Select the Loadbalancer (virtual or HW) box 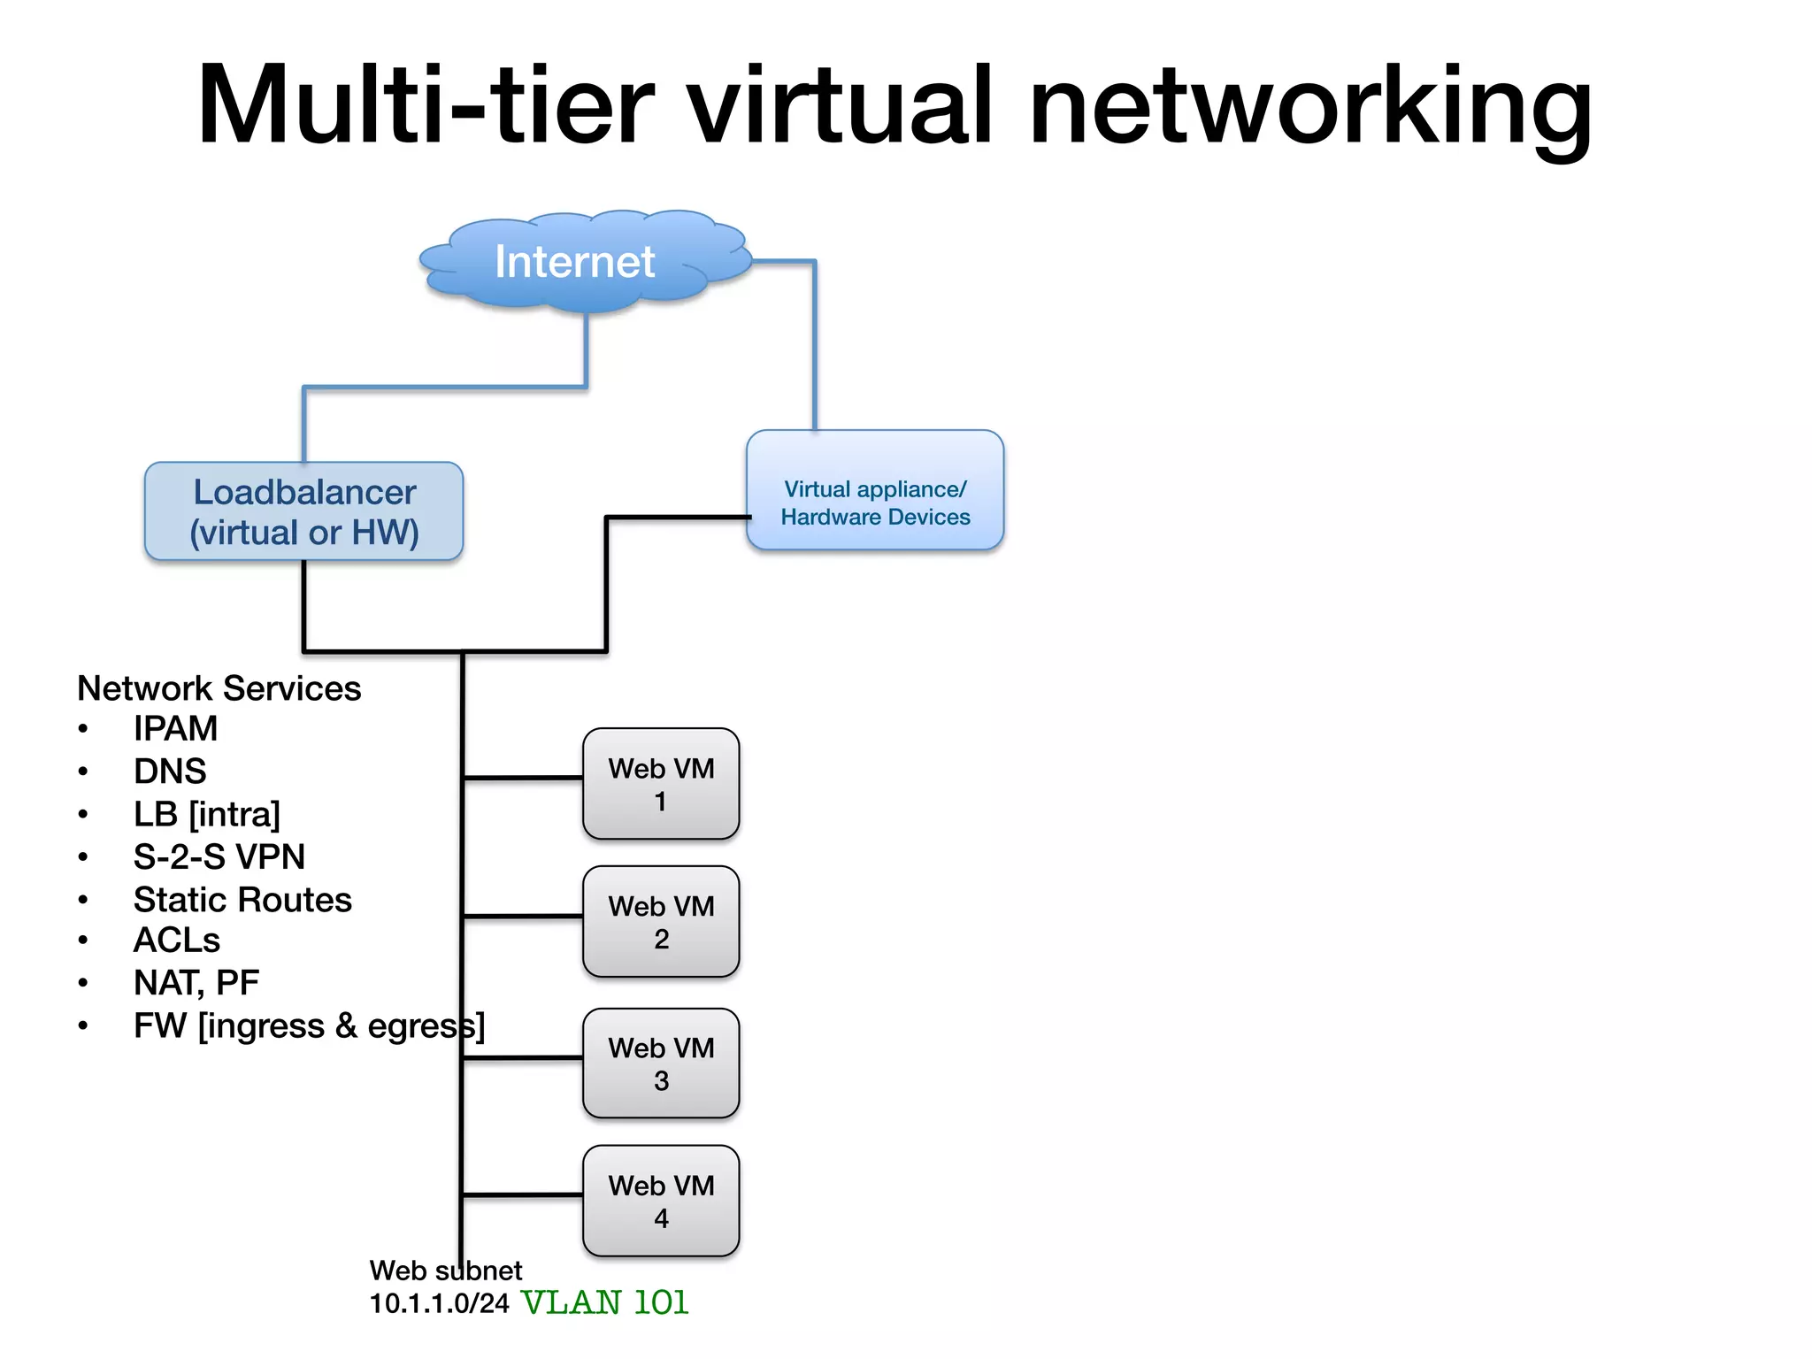pyautogui.click(x=303, y=511)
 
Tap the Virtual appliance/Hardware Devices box pyautogui.click(x=874, y=491)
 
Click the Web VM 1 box pyautogui.click(x=661, y=784)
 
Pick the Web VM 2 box pyautogui.click(x=661, y=922)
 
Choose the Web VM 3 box pyautogui.click(x=661, y=1063)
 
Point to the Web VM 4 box pyautogui.click(x=661, y=1202)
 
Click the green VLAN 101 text pyautogui.click(x=605, y=1302)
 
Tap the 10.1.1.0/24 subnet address pyautogui.click(x=439, y=1303)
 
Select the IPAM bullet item pyautogui.click(x=175, y=728)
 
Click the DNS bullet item pyautogui.click(x=170, y=771)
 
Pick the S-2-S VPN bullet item pyautogui.click(x=219, y=856)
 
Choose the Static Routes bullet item pyautogui.click(x=242, y=900)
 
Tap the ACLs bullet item pyautogui.click(x=176, y=940)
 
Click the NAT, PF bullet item pyautogui.click(x=196, y=982)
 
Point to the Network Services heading pyautogui.click(x=219, y=687)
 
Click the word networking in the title pyautogui.click(x=1309, y=106)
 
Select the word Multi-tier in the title pyautogui.click(x=425, y=106)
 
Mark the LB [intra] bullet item pyautogui.click(x=206, y=814)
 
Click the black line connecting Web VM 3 pyautogui.click(x=522, y=1057)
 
